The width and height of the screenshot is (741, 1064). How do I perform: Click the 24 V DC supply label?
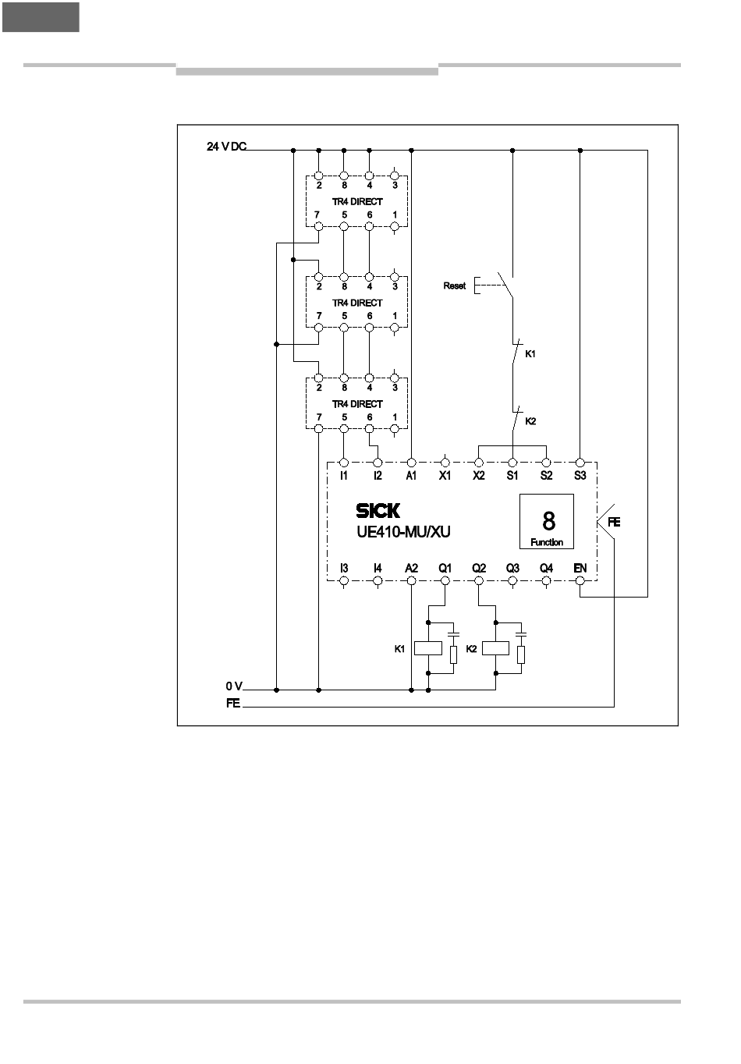coord(226,147)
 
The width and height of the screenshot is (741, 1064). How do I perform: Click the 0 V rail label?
coord(234,686)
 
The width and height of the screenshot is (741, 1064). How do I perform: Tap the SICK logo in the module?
coord(378,511)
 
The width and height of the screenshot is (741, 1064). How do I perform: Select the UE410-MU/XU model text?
coord(399,533)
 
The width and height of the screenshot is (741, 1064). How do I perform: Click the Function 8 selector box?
coord(547,521)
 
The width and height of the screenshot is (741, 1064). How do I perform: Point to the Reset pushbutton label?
coord(454,286)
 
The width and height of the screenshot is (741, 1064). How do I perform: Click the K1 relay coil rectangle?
coord(428,647)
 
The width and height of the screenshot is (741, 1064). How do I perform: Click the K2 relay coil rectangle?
coord(495,647)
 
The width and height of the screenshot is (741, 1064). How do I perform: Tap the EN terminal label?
coord(580,569)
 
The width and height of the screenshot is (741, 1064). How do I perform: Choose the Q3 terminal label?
coord(512,569)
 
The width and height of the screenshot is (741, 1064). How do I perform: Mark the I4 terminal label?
coord(378,569)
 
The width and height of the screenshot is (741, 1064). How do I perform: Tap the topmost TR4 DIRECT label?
coord(357,201)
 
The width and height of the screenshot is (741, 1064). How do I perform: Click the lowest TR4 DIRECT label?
coord(357,404)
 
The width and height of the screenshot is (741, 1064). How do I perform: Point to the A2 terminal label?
coord(411,569)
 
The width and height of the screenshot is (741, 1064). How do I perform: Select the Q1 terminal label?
coord(445,569)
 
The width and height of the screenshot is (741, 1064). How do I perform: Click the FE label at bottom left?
coord(232,704)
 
